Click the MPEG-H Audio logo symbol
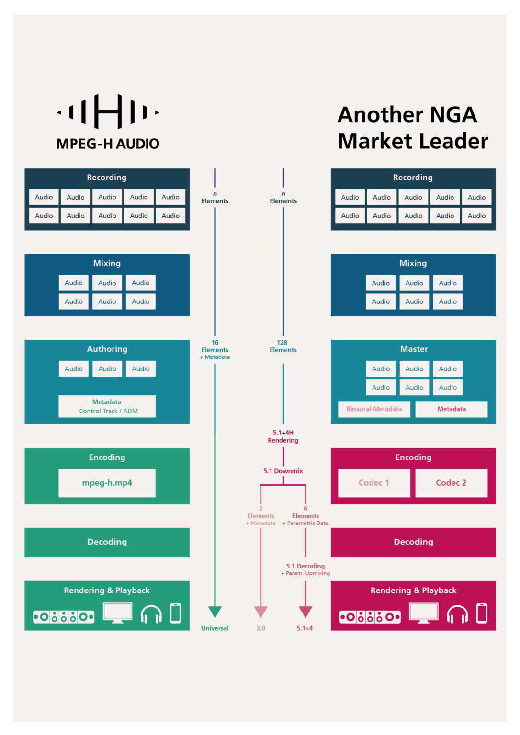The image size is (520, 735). pos(108,111)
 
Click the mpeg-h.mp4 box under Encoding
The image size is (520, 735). pos(107,483)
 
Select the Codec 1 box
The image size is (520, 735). pos(374,483)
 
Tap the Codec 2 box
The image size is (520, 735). pos(451,483)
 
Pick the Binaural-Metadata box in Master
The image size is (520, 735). pos(374,409)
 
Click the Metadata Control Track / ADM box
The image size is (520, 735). pos(107,406)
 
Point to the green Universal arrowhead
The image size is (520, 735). pos(215,612)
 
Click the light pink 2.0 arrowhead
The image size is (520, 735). pos(260,612)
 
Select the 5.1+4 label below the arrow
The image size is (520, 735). pos(305,628)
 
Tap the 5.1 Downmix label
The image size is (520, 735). pos(283,471)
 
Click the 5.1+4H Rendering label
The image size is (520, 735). pos(283,436)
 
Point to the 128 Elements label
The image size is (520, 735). pos(283,346)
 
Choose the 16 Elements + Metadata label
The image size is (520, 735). pos(215,349)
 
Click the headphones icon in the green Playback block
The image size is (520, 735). pos(151,614)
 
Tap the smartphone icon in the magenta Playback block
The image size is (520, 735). pos(482,613)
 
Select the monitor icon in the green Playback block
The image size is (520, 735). pos(117,613)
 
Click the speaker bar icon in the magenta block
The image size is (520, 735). pos(370,617)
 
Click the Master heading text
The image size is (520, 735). pos(414,349)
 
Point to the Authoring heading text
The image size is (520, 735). pos(107,349)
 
